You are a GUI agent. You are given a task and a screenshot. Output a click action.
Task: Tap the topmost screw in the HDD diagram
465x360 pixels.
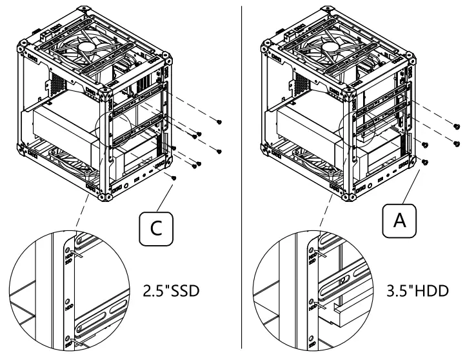pos(456,126)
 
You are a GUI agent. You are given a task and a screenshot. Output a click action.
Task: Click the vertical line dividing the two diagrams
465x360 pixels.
pos(242,181)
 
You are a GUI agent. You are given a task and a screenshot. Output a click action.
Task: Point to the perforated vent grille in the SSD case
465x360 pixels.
pos(56,81)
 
